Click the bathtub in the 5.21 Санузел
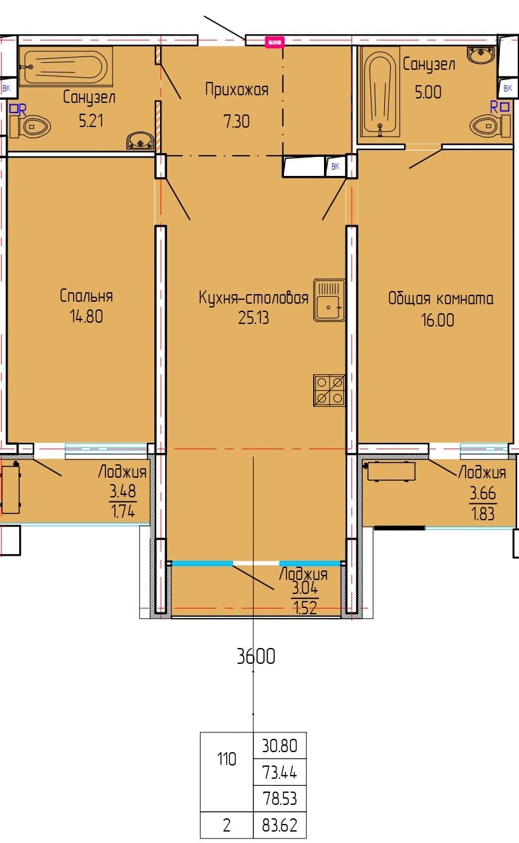(x=66, y=67)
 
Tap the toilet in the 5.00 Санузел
(x=490, y=126)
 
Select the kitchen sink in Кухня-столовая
(x=329, y=300)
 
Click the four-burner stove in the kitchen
(x=329, y=391)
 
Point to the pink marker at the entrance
(x=274, y=42)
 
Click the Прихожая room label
(x=237, y=90)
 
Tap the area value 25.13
(x=253, y=318)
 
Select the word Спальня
(x=86, y=296)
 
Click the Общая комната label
(x=441, y=299)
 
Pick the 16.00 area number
(x=437, y=320)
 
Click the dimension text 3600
(x=256, y=656)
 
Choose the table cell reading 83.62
(x=280, y=825)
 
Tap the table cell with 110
(x=227, y=759)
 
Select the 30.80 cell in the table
(x=280, y=746)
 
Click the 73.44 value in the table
(x=280, y=772)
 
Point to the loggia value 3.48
(x=123, y=491)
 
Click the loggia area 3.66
(x=483, y=493)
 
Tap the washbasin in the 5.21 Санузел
(x=140, y=141)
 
